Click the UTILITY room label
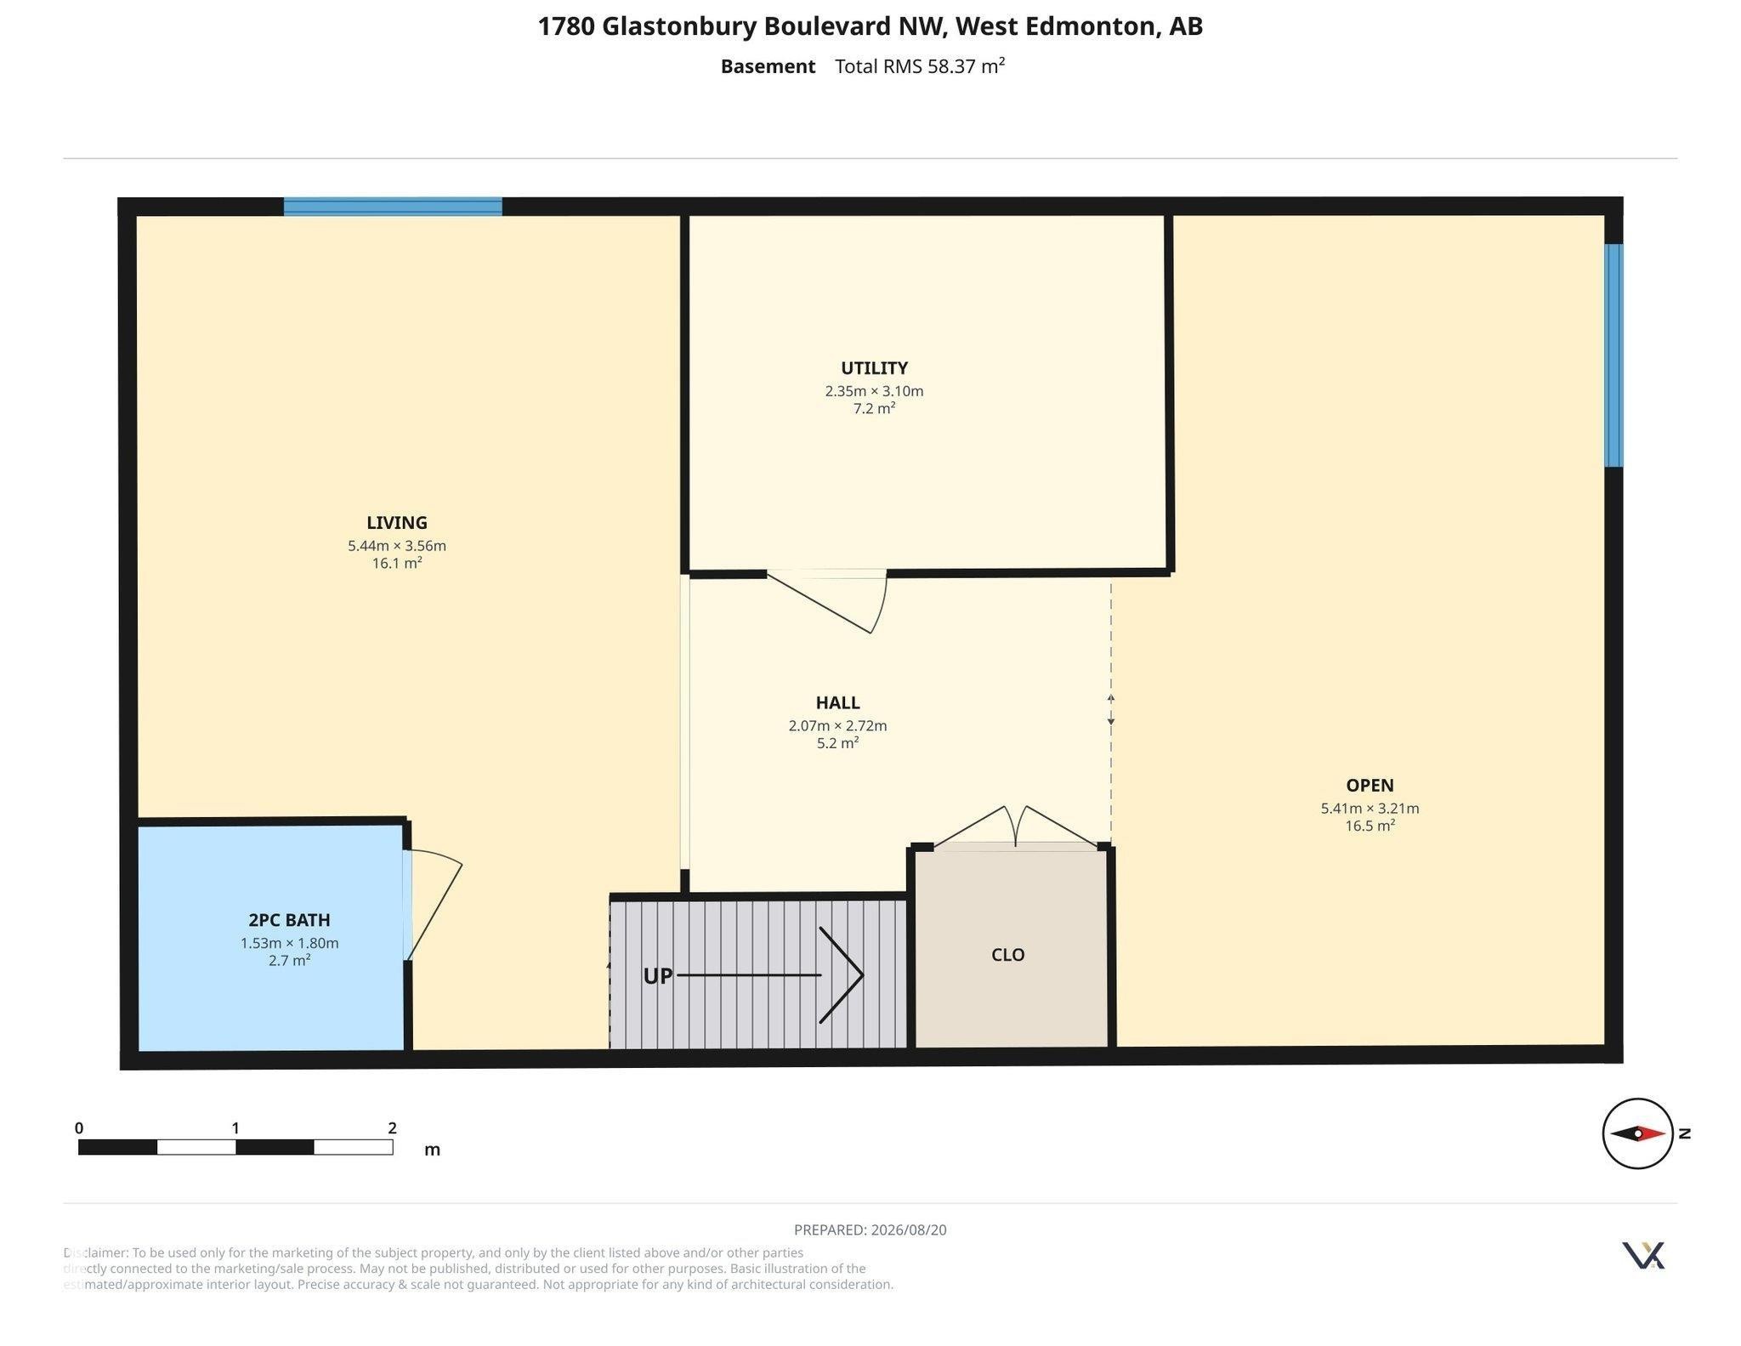(874, 368)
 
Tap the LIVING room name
(397, 523)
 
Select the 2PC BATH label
(289, 920)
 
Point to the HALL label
(837, 703)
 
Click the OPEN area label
(1370, 786)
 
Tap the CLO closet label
(1008, 955)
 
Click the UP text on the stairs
(658, 976)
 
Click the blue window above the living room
(393, 207)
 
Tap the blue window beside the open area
(1613, 355)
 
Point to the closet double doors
(1017, 826)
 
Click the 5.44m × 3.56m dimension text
(397, 546)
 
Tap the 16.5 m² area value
(1370, 826)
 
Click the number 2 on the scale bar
(392, 1128)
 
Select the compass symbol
(1637, 1133)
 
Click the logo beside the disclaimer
(1643, 1255)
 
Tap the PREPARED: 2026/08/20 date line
(870, 1230)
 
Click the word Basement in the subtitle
(768, 66)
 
